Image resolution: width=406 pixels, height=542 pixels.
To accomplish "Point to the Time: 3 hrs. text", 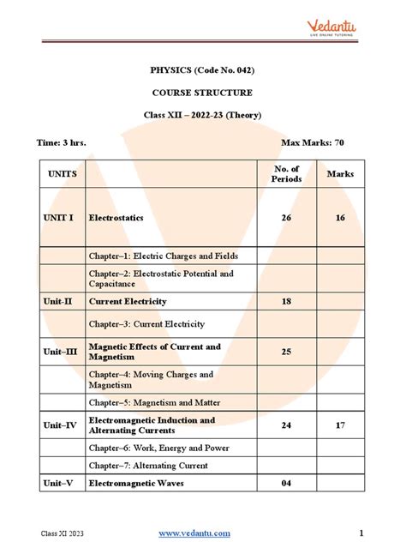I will (61, 142).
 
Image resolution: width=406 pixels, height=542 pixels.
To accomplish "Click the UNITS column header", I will (63, 174).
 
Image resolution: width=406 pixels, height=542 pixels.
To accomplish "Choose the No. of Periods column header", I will (286, 174).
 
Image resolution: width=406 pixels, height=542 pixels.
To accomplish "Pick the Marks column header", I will (340, 174).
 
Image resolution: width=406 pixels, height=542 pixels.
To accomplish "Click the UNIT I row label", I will (59, 218).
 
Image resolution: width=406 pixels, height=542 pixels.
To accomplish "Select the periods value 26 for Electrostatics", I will (286, 218).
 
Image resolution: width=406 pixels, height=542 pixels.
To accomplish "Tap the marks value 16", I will (340, 218).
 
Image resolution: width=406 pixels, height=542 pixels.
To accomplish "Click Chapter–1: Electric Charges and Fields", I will (163, 256).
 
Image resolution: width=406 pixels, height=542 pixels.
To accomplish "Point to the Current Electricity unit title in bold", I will (128, 302).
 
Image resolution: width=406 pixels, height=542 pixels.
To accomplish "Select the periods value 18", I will (286, 302).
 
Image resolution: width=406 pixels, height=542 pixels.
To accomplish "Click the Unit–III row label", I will (60, 352).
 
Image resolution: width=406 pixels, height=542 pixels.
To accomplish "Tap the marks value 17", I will (340, 425).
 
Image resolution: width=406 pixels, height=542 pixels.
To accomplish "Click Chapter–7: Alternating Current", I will (149, 466).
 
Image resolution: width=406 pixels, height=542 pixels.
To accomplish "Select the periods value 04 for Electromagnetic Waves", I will (286, 484).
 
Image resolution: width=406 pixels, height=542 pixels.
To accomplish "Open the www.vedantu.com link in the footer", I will (195, 533).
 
